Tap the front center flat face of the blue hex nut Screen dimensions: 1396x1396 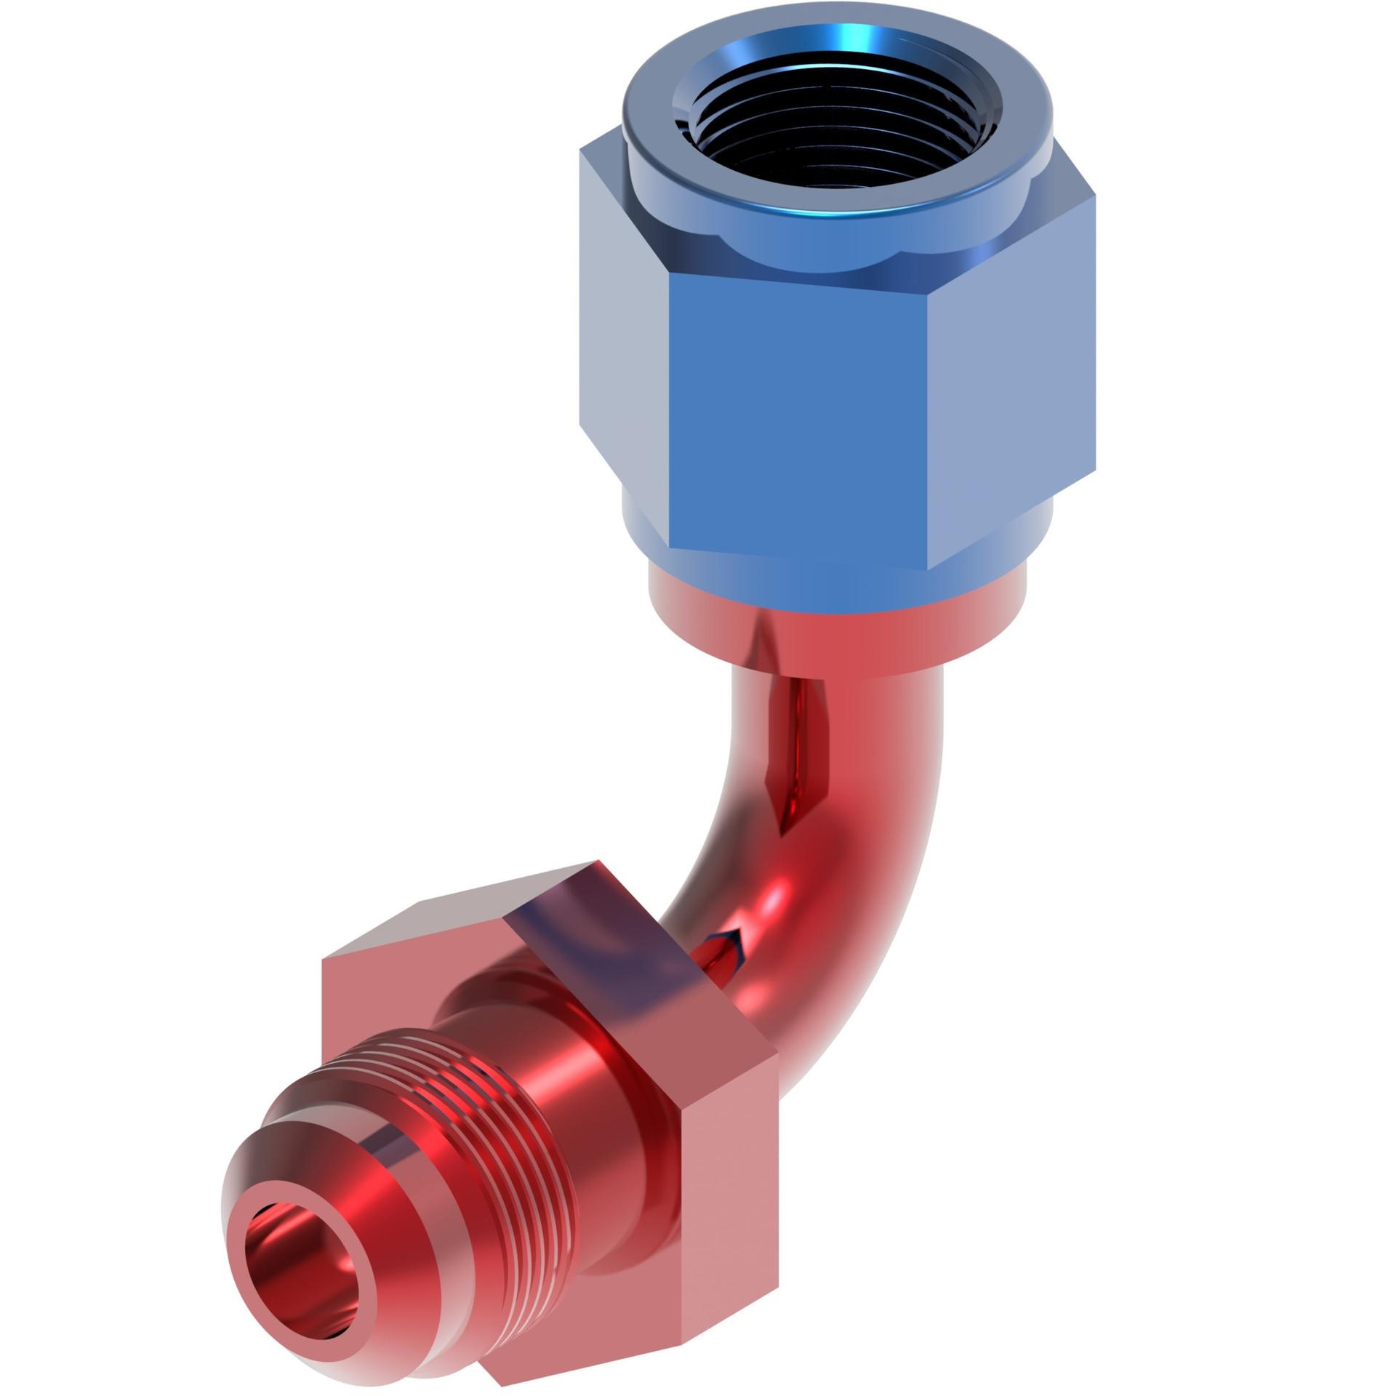[x=796, y=414]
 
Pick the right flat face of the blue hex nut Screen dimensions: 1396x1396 [x=1011, y=378]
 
